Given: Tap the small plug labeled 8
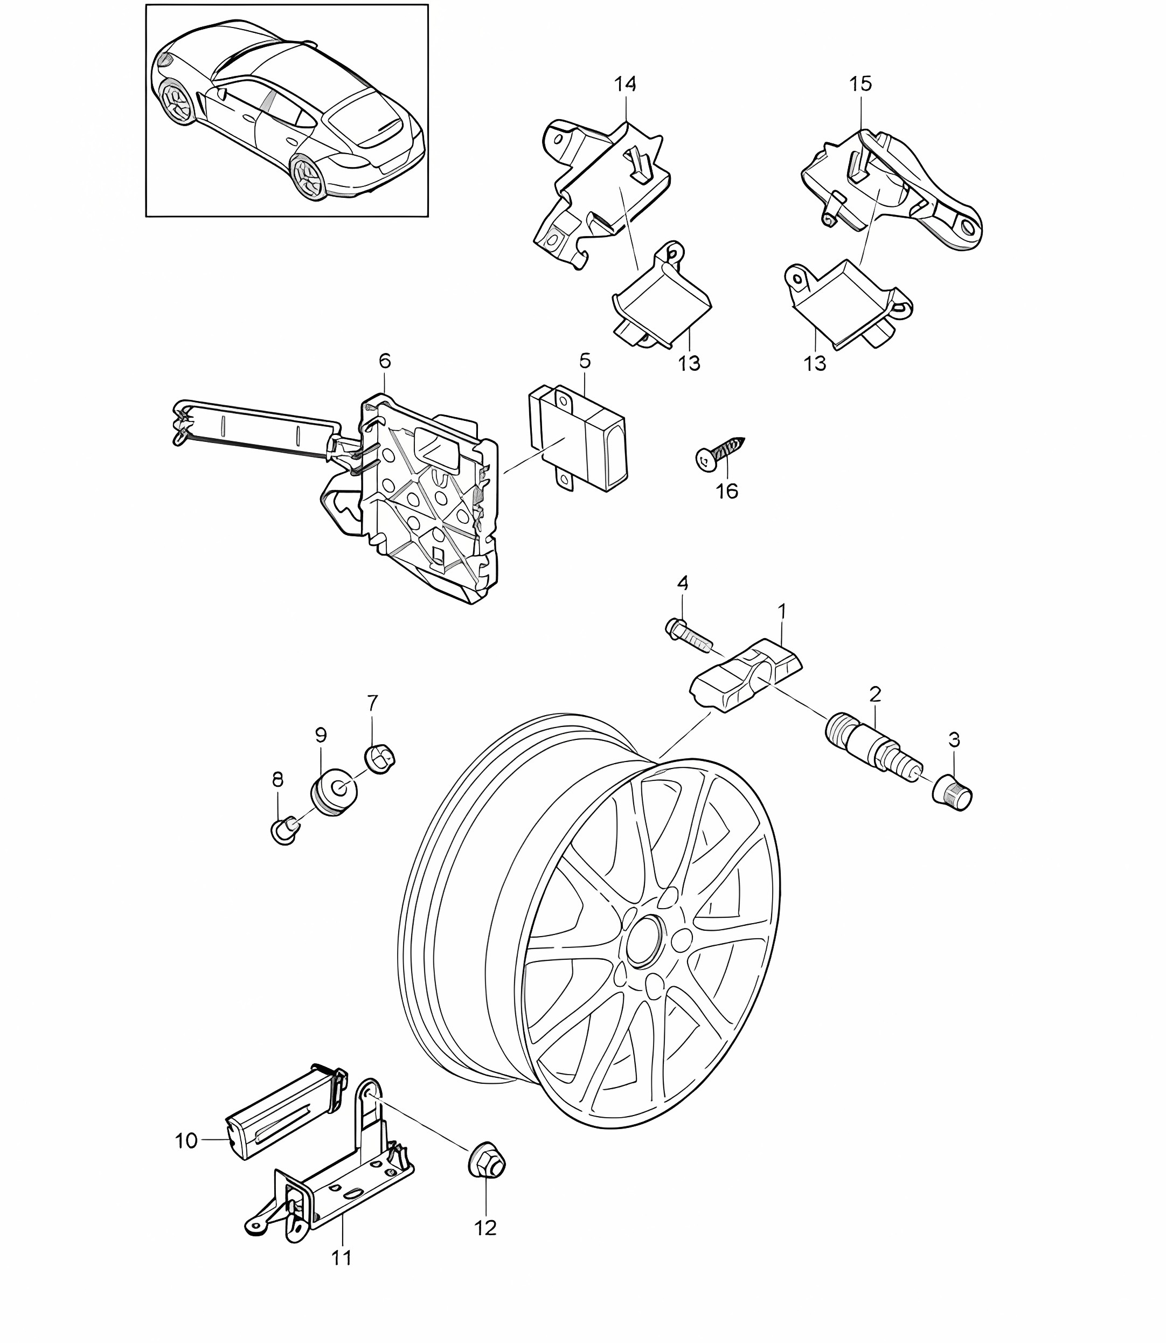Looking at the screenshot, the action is click(x=284, y=830).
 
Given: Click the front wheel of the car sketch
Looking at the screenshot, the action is click(x=177, y=101).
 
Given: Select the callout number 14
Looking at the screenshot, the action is click(x=625, y=84).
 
